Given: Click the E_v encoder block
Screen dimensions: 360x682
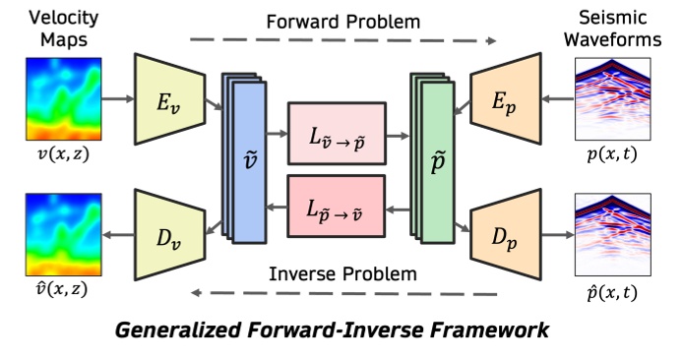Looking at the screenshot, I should pyautogui.click(x=168, y=98).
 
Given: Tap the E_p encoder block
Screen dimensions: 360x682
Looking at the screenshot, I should pyautogui.click(x=509, y=98).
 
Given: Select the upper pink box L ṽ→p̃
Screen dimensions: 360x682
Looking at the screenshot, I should pyautogui.click(x=337, y=130).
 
